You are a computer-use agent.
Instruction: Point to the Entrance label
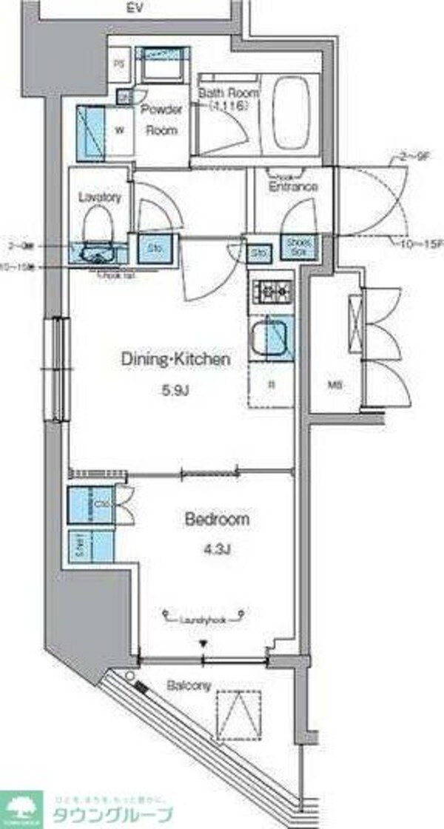click(294, 187)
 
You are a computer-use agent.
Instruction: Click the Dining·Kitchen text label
click(176, 360)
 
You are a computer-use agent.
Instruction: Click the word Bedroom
click(216, 520)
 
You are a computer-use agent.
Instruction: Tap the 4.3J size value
click(216, 551)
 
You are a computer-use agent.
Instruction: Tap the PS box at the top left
click(118, 63)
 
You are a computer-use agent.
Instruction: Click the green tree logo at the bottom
click(23, 808)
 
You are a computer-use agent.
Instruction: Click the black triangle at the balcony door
click(203, 645)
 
